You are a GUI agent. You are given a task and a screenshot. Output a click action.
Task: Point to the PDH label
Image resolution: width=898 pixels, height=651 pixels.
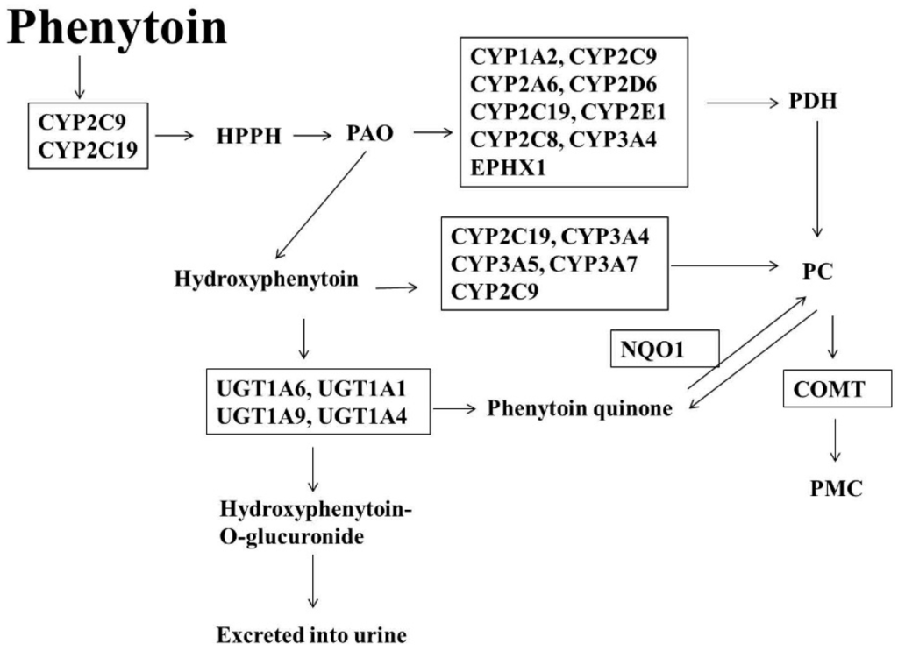pos(811,102)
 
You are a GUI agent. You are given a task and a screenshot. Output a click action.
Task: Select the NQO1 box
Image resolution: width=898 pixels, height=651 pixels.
pos(664,349)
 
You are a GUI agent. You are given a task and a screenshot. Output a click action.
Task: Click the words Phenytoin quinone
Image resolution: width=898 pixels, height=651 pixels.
pos(580,408)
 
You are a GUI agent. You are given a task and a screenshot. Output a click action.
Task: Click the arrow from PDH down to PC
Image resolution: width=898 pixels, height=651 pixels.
pos(817,180)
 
